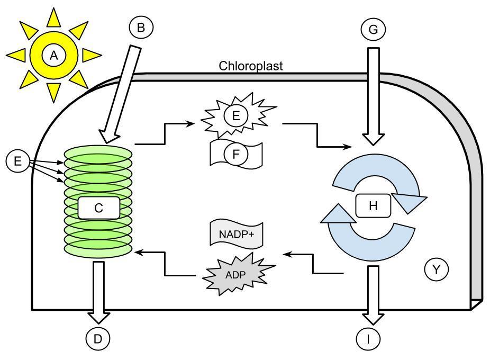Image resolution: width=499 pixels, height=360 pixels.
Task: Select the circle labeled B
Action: click(140, 28)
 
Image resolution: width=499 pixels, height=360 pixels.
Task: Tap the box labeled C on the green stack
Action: click(98, 208)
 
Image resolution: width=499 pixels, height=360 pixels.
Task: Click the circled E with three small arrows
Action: click(18, 161)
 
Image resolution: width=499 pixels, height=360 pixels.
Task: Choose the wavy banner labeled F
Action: click(236, 154)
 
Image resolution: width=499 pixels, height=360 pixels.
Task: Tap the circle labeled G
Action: click(373, 30)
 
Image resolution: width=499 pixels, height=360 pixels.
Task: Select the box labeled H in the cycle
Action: click(373, 205)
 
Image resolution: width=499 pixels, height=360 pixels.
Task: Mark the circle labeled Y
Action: click(437, 270)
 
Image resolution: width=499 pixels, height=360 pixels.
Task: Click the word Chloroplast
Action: click(251, 66)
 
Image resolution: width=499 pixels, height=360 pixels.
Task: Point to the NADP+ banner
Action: click(237, 234)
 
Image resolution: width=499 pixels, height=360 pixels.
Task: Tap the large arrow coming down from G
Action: click(373, 95)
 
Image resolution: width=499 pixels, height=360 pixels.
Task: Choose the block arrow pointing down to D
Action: click(98, 291)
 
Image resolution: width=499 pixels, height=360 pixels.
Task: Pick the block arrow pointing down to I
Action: click(373, 294)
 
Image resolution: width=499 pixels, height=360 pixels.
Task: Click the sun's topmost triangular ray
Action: click(53, 17)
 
